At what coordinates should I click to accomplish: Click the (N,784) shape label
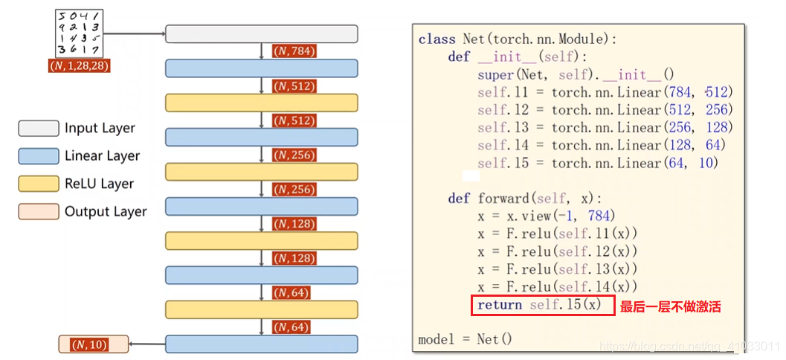click(x=294, y=51)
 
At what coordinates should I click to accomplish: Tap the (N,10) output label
click(x=88, y=344)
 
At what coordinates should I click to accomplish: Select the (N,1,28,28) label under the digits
click(x=80, y=66)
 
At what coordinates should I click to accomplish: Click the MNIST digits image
click(x=78, y=33)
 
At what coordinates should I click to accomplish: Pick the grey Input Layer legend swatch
click(x=39, y=128)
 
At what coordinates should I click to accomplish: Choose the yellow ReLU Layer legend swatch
click(x=39, y=184)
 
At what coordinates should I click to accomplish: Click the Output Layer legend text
click(x=106, y=211)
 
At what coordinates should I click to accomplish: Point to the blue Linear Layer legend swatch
click(x=39, y=155)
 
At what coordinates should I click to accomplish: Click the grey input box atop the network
click(x=261, y=33)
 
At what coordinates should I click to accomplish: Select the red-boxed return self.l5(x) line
click(x=543, y=305)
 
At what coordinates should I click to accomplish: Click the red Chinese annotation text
click(x=670, y=306)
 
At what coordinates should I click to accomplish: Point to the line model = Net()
click(x=466, y=339)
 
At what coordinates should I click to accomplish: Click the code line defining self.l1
click(x=605, y=91)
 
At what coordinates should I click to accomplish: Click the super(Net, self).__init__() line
click(x=576, y=74)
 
